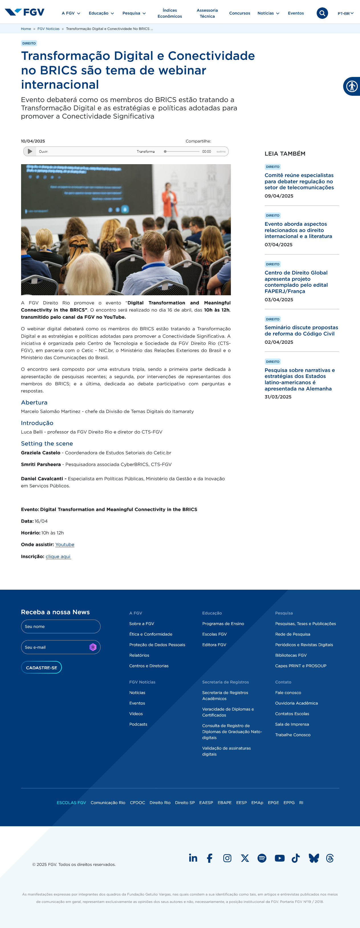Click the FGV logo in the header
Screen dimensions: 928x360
tap(25, 12)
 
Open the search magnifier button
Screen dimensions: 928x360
tap(322, 13)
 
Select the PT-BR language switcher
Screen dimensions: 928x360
tap(345, 13)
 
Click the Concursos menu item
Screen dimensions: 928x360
tap(240, 13)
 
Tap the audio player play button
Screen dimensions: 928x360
tap(30, 152)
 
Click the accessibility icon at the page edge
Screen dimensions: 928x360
tap(352, 86)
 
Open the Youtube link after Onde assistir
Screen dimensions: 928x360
tap(65, 545)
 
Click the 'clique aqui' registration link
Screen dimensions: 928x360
tap(58, 557)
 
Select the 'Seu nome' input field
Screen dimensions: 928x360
tap(60, 626)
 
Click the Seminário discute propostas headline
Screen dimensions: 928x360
tap(301, 330)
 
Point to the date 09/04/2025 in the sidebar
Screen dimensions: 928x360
tap(279, 196)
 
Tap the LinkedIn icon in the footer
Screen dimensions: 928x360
tap(193, 858)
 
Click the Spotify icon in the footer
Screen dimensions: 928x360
tap(262, 858)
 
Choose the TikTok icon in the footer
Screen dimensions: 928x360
tap(296, 858)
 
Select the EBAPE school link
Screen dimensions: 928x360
tap(225, 803)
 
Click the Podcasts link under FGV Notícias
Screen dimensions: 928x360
tap(138, 724)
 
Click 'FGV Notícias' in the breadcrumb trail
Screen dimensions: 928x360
tap(48, 29)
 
